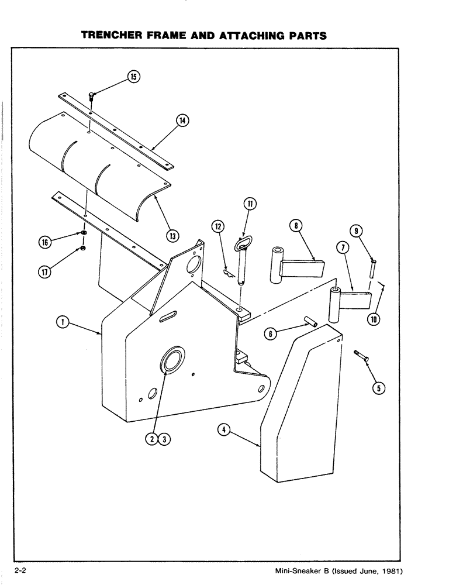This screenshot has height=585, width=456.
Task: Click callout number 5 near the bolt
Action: pos(378,387)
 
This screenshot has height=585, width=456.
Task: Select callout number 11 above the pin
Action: pos(249,204)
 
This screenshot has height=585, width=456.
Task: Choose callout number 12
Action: pos(217,226)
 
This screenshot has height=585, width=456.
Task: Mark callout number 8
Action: pos(297,226)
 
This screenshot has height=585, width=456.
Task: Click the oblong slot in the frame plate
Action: pos(169,316)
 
